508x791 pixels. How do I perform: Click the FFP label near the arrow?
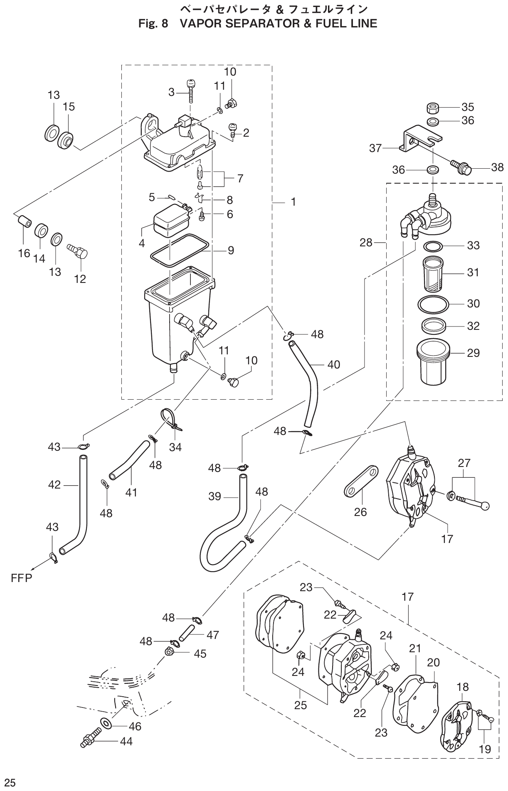point(21,578)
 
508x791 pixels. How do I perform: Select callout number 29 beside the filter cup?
point(473,353)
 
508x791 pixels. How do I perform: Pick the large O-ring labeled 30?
point(433,306)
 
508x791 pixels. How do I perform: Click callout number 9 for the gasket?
point(231,251)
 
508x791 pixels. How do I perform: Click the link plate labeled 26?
point(361,481)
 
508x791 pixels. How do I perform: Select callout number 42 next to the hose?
point(54,485)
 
